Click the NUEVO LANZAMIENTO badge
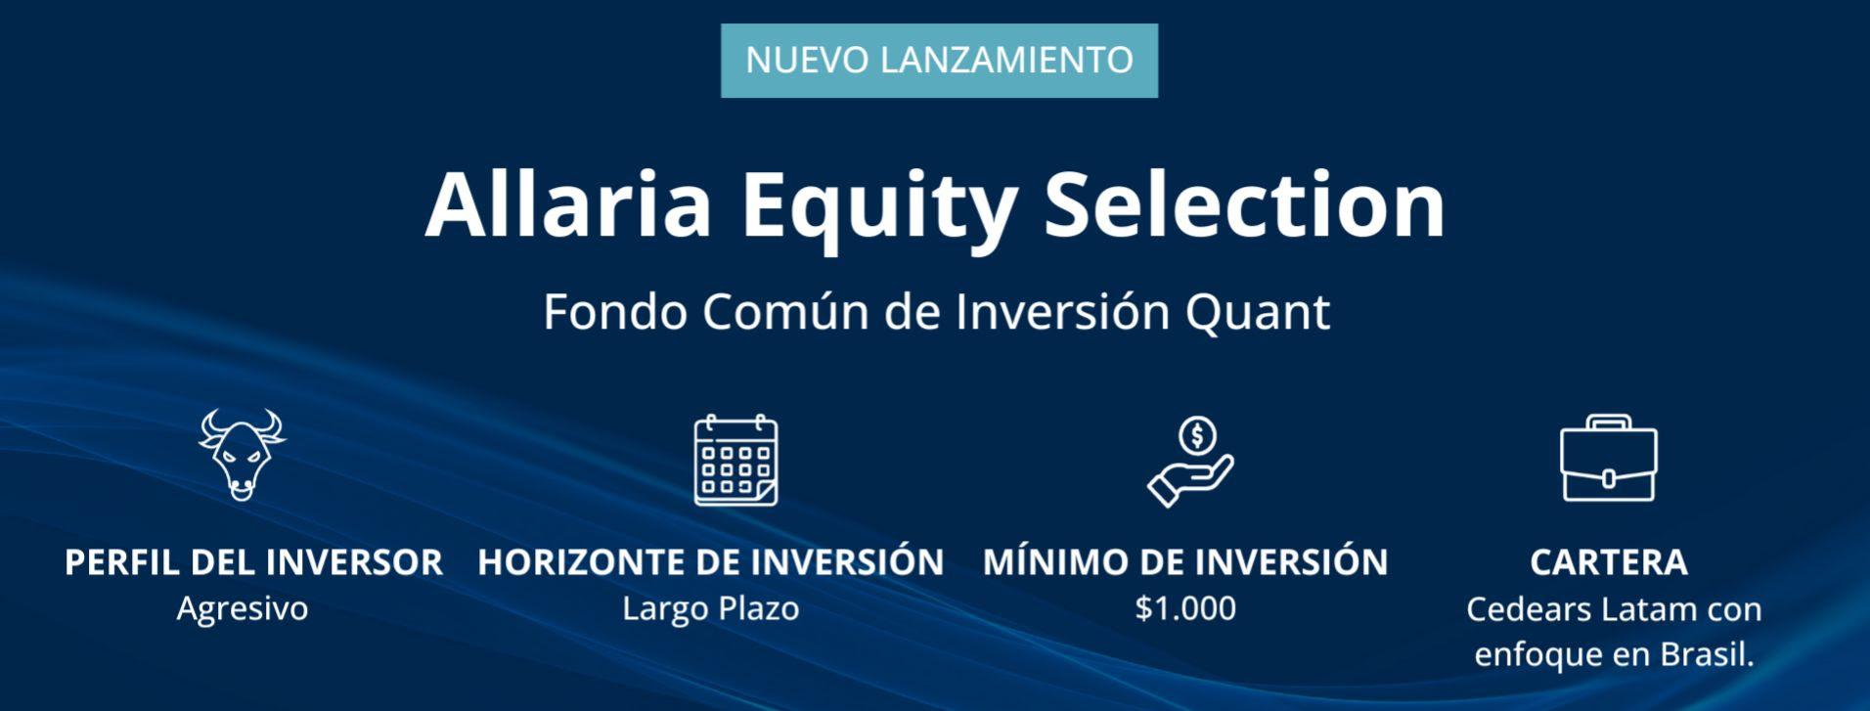pyautogui.click(x=939, y=61)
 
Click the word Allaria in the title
pyautogui.click(x=568, y=204)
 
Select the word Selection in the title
pyautogui.click(x=1245, y=204)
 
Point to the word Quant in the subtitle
pyautogui.click(x=1258, y=313)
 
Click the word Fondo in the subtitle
pyautogui.click(x=615, y=312)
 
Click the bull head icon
pyautogui.click(x=242, y=455)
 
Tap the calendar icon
pyautogui.click(x=735, y=460)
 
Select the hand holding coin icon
pyautogui.click(x=1190, y=462)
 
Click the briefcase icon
pyautogui.click(x=1608, y=458)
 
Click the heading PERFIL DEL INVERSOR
pyautogui.click(x=253, y=562)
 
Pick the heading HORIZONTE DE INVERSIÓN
pyautogui.click(x=711, y=561)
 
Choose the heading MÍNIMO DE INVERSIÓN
pyautogui.click(x=1185, y=561)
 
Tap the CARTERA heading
pyautogui.click(x=1609, y=562)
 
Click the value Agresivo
pyautogui.click(x=243, y=609)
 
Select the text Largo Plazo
pyautogui.click(x=711, y=609)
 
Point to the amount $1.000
pyautogui.click(x=1185, y=608)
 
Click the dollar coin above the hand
pyautogui.click(x=1198, y=435)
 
